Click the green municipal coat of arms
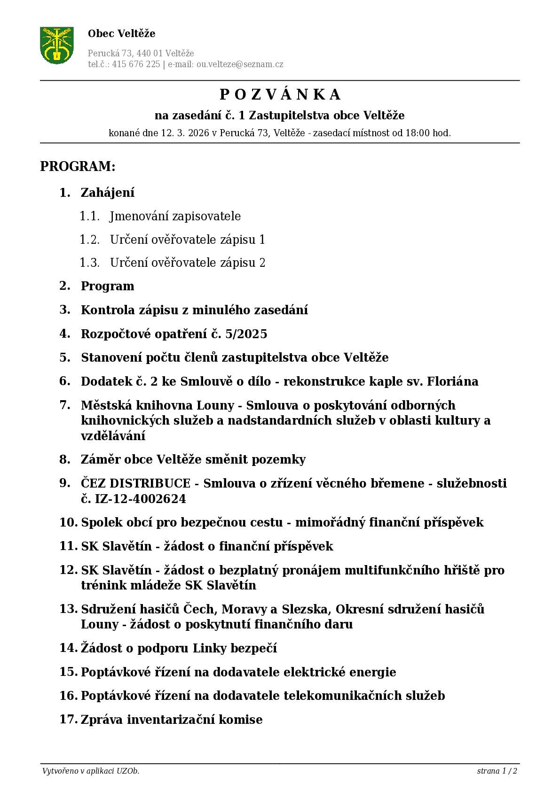pyautogui.click(x=56, y=45)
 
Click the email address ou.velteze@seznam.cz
pyautogui.click(x=240, y=64)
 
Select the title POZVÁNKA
pyautogui.click(x=280, y=95)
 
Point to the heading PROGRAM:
pyautogui.click(x=78, y=167)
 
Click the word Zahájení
pyautogui.click(x=108, y=193)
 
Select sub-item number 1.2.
pyautogui.click(x=89, y=240)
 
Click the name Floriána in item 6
pyautogui.click(x=452, y=381)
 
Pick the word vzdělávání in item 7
pyautogui.click(x=113, y=436)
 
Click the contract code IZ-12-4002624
pyautogui.click(x=140, y=499)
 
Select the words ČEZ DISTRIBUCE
pyautogui.click(x=135, y=483)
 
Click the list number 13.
pyautogui.click(x=68, y=609)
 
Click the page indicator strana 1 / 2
pyautogui.click(x=497, y=771)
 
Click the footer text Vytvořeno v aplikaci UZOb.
pyautogui.click(x=91, y=771)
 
